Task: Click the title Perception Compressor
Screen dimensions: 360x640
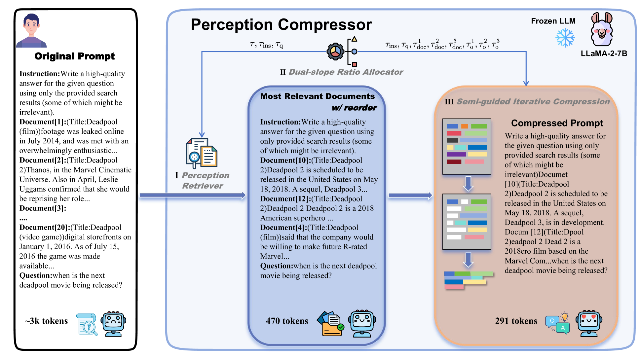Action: tap(281, 25)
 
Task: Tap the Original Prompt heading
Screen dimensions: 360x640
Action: tap(74, 56)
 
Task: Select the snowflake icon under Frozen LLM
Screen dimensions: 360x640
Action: tap(565, 37)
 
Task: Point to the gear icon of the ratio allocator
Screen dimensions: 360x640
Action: tap(335, 52)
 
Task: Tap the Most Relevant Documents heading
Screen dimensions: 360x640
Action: tap(317, 96)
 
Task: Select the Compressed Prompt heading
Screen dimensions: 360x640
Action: tap(557, 123)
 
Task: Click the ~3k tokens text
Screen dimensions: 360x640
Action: tap(46, 321)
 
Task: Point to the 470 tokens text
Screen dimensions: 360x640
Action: tap(287, 321)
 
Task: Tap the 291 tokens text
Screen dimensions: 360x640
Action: tap(516, 321)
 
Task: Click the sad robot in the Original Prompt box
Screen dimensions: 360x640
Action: tap(114, 323)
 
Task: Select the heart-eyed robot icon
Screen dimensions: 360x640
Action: tap(589, 323)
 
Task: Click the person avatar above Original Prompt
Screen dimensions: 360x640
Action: tap(31, 30)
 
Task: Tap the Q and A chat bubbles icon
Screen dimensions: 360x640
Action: tap(558, 323)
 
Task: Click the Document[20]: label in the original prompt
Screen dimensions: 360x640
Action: tap(44, 228)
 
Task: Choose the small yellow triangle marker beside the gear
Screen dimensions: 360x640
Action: tap(354, 39)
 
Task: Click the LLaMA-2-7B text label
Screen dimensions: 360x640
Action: tap(604, 54)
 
